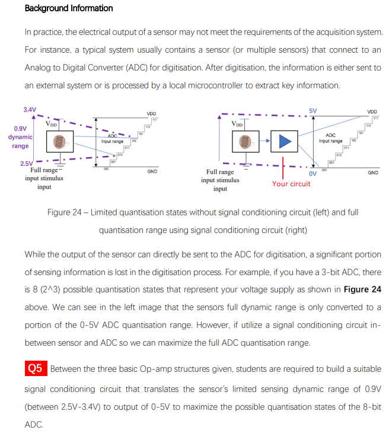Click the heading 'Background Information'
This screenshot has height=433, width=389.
69,8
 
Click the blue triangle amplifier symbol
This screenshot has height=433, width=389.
287,141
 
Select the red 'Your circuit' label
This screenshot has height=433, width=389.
291,183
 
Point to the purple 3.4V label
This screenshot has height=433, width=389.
30,110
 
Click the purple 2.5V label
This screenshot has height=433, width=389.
27,163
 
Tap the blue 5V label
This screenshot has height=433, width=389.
313,111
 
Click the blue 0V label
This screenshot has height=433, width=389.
313,174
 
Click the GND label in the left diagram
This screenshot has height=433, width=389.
152,172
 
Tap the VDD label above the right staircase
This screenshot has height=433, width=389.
371,112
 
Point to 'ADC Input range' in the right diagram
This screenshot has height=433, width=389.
330,138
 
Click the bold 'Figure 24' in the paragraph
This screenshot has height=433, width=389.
362,289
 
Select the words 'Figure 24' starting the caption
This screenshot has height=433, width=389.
69,212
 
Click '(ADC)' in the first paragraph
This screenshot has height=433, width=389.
161,68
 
